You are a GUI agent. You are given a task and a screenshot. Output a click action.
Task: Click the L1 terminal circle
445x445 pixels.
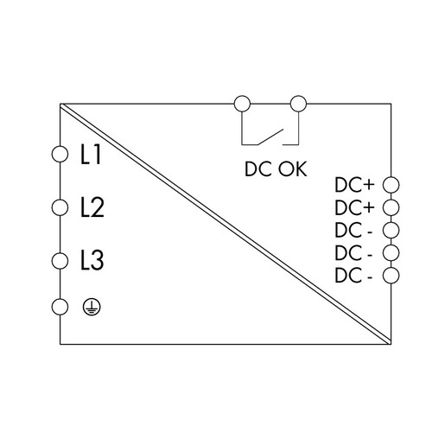coord(60,154)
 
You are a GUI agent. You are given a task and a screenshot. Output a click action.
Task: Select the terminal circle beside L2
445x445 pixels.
coord(60,207)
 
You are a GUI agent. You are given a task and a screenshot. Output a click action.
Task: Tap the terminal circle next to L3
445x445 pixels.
coord(60,261)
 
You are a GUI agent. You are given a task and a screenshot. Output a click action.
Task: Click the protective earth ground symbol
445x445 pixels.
coord(92,307)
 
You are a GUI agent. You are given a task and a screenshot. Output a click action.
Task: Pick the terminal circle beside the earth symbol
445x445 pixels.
coord(60,307)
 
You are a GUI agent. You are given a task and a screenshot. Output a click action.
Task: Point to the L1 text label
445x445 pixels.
coord(91,155)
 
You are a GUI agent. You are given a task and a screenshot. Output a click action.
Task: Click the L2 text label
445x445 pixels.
coord(92,207)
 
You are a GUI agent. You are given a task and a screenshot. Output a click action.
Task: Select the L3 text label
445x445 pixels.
coord(92,261)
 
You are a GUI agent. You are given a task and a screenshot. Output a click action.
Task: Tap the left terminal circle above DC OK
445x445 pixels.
coord(242,104)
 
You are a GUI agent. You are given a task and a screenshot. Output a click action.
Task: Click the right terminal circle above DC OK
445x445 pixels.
coord(298,104)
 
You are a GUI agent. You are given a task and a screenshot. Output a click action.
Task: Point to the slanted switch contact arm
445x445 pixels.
coord(270,137)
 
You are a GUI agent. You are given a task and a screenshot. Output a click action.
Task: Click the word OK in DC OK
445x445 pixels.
coord(292,168)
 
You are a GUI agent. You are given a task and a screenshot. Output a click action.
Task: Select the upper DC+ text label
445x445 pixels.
coord(354,185)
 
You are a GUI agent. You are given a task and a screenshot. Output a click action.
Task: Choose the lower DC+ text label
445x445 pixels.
coord(354,207)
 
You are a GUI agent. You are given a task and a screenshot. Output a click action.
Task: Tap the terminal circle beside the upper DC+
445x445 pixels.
coord(391,185)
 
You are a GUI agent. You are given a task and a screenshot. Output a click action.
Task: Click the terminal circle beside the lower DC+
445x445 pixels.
coord(391,207)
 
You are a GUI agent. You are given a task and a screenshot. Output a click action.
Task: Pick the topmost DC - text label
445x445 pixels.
coord(353,230)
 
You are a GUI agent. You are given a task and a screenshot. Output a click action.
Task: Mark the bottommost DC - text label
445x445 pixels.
coord(353,276)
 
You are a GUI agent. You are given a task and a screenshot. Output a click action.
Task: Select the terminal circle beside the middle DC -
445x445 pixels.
coord(391,252)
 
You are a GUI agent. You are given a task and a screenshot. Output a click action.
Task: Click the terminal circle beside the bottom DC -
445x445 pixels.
coord(391,275)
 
